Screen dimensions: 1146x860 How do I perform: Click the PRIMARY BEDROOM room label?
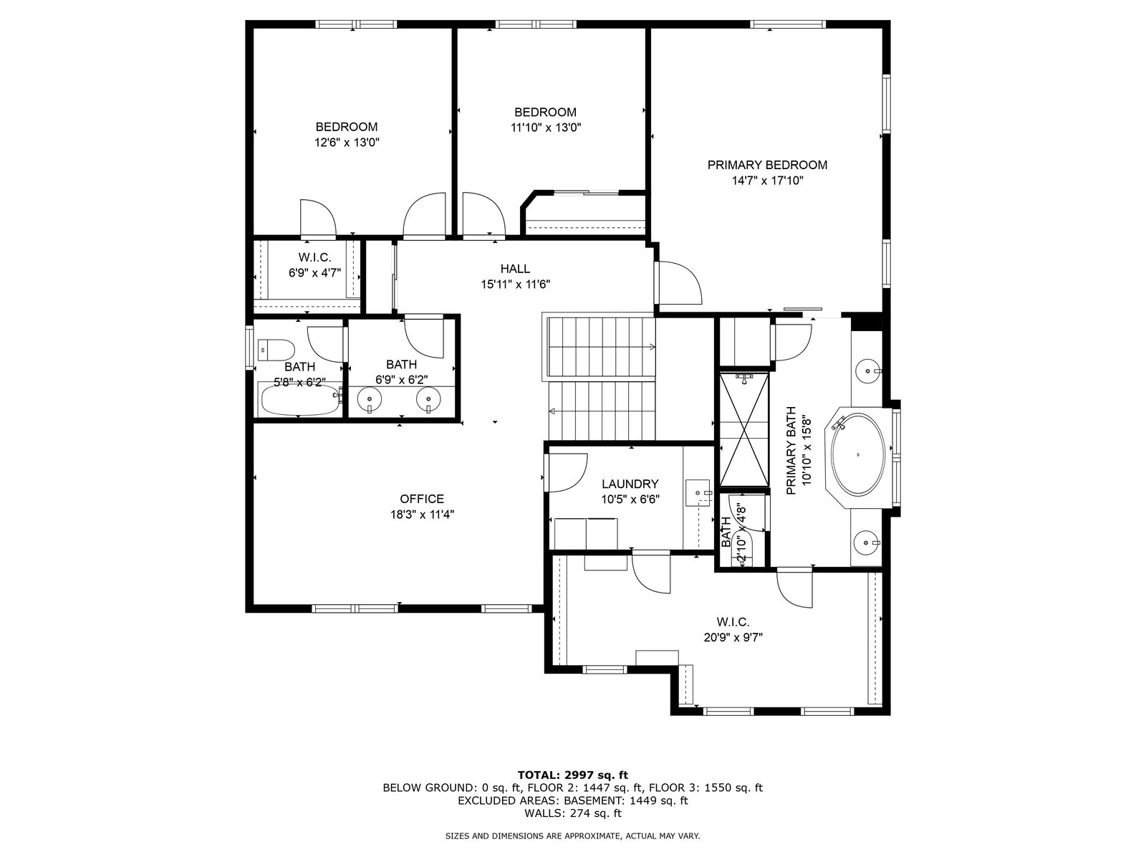coord(767,165)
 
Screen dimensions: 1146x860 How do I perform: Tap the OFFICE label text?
coord(422,499)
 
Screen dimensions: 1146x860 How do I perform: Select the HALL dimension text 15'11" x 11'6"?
coord(515,285)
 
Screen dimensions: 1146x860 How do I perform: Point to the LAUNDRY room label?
coord(630,484)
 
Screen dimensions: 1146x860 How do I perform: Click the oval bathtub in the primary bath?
coord(858,455)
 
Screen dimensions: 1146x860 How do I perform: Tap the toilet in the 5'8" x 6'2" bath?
coord(276,350)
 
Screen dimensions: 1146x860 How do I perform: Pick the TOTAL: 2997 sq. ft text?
coord(573,775)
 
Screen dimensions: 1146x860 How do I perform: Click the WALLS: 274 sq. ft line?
coord(573,813)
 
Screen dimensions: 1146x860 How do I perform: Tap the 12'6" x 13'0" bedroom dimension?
coord(346,143)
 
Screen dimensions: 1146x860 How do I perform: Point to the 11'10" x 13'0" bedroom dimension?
coord(546,128)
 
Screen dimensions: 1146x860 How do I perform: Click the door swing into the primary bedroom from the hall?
coord(679,282)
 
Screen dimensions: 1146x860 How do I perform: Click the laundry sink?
coord(697,492)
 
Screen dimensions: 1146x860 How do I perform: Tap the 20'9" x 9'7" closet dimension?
coord(733,638)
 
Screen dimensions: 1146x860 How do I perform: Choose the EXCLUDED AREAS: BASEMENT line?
coord(573,801)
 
